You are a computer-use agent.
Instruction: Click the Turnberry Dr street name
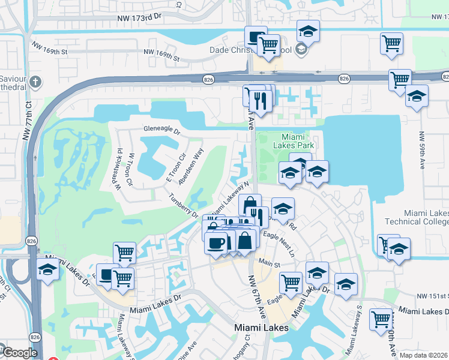tap(183, 205)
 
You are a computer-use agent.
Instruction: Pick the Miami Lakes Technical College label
tap(426, 217)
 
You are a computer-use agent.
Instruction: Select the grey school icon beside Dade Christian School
tap(301, 49)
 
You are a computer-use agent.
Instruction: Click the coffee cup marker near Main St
tap(216, 242)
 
